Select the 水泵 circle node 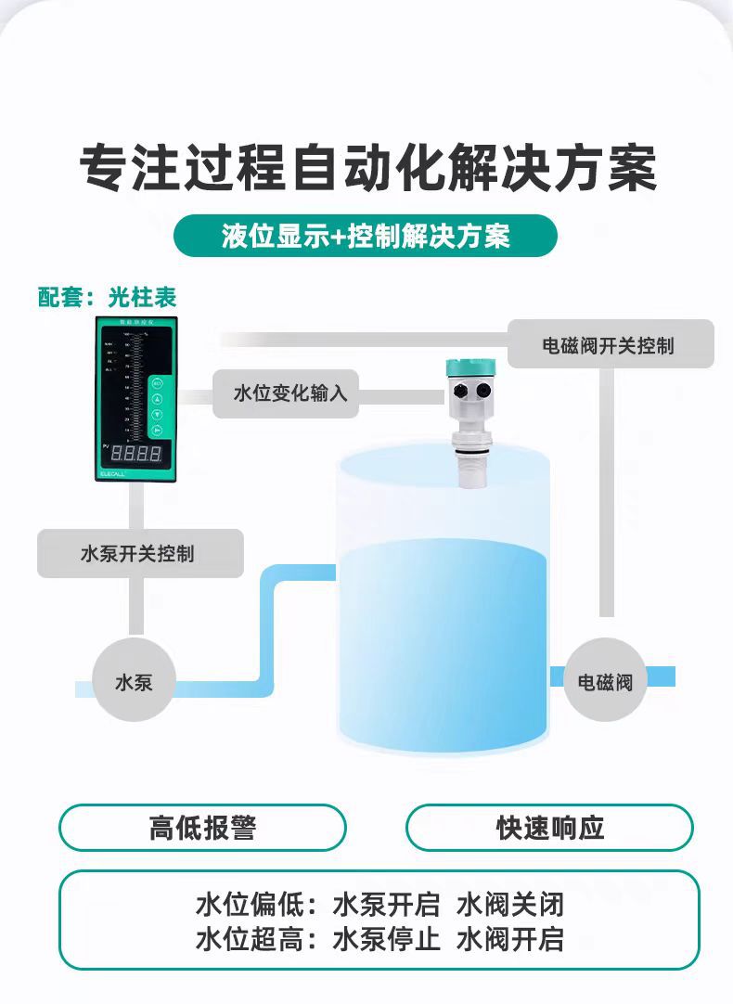(x=134, y=683)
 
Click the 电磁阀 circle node (x=605, y=683)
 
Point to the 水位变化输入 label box (x=290, y=393)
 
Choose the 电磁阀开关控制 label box (x=609, y=345)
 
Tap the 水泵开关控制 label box (x=138, y=554)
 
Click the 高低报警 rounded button (x=202, y=827)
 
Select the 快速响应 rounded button (x=549, y=827)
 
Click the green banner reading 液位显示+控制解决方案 (x=366, y=236)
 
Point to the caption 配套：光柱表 (x=107, y=298)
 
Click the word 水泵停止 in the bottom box (x=387, y=938)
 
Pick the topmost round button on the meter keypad (x=157, y=384)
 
